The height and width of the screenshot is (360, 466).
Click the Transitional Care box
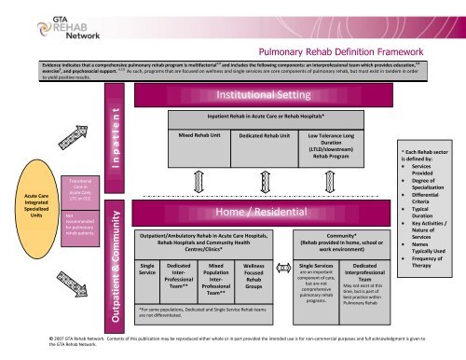coord(76,187)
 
